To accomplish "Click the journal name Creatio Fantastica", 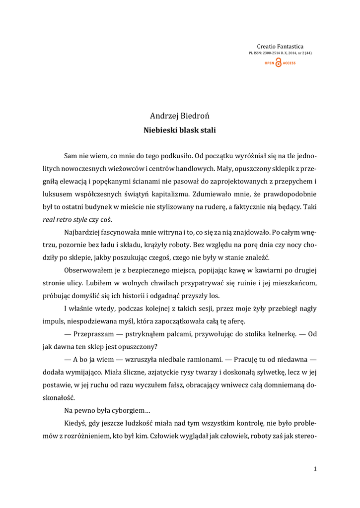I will (280, 46).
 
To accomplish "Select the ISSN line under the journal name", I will (280, 53).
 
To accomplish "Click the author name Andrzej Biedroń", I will (180, 116).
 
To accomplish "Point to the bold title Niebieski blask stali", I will (180, 130).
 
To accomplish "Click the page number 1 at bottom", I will (315, 468).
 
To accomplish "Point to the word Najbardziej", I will (84, 232).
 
